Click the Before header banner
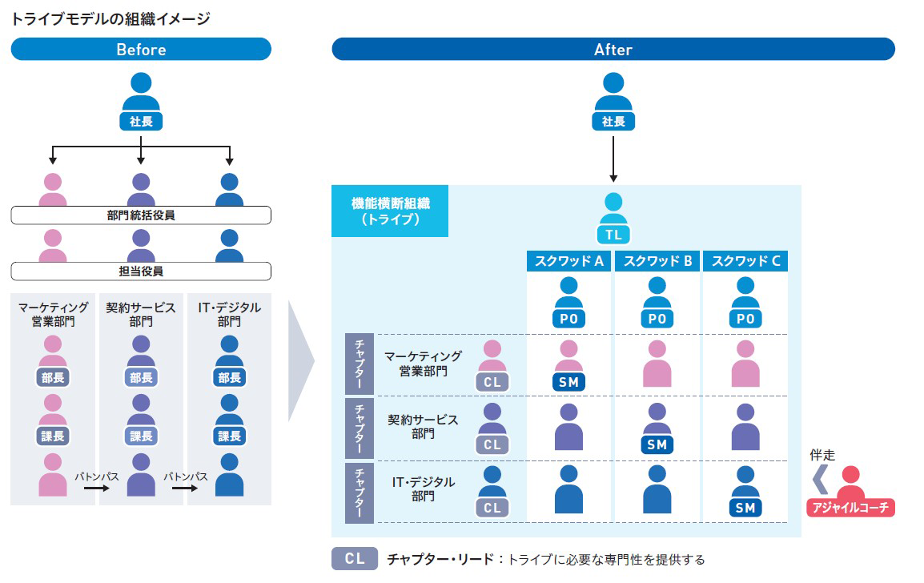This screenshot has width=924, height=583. click(x=141, y=50)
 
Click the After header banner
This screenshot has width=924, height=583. click(x=613, y=50)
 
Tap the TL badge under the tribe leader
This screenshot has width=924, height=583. click(x=613, y=235)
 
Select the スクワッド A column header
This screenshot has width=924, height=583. click(x=569, y=261)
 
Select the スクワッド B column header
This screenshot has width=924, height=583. click(x=657, y=261)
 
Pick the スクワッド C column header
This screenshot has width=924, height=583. click(x=745, y=261)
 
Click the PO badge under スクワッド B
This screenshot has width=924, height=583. click(x=657, y=319)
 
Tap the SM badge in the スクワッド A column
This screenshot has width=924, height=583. click(x=568, y=382)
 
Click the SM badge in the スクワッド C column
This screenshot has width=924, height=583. click(x=745, y=508)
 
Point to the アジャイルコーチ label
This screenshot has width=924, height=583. click(x=850, y=508)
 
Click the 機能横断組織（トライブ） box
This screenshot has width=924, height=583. click(x=390, y=211)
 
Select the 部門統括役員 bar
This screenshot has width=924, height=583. click(x=141, y=215)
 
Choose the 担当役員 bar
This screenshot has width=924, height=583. click(x=141, y=271)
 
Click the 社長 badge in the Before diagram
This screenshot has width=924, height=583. click(x=141, y=122)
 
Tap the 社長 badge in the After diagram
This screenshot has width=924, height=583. click(x=613, y=122)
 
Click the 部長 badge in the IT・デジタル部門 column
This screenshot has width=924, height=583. click(x=230, y=378)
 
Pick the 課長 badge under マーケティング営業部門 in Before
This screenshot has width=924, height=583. click(x=53, y=436)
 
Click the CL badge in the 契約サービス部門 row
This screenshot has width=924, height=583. click(x=492, y=444)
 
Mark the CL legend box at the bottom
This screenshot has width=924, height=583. click(x=354, y=559)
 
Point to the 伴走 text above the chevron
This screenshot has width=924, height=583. click(x=822, y=456)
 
